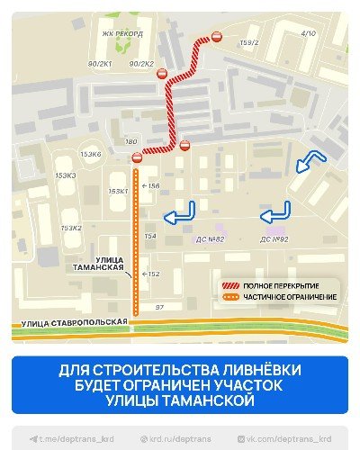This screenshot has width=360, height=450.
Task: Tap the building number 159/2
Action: [x=250, y=42]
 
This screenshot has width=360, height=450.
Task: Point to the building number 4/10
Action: [x=309, y=33]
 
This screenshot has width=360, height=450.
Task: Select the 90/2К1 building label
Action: [x=99, y=64]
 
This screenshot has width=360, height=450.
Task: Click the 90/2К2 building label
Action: [x=141, y=64]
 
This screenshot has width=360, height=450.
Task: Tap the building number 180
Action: [x=131, y=142]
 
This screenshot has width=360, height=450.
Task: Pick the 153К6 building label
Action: [x=91, y=155]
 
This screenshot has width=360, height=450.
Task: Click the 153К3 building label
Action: [x=66, y=175]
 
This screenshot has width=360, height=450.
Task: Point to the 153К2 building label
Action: [x=71, y=228]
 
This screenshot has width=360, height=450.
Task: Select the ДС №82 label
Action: [x=210, y=238]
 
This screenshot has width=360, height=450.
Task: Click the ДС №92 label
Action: [x=274, y=238]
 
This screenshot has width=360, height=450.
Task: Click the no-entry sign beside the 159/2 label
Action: [x=217, y=37]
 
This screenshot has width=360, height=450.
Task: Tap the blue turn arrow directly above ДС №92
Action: [x=275, y=214]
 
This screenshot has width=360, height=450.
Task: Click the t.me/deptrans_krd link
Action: [x=64, y=438]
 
